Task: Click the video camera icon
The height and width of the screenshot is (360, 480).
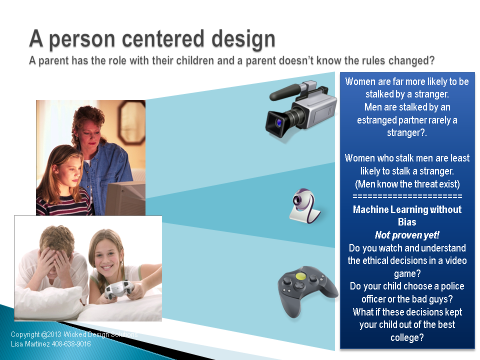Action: click(301, 109)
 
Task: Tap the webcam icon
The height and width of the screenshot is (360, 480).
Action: click(304, 205)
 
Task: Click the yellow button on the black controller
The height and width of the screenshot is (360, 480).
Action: click(301, 276)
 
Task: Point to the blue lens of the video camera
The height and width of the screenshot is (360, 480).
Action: click(279, 123)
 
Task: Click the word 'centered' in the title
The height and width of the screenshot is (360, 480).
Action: click(163, 39)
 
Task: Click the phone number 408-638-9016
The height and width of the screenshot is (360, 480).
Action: click(71, 344)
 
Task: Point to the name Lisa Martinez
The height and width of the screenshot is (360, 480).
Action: click(30, 344)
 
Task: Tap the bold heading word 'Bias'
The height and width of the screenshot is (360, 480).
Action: click(407, 222)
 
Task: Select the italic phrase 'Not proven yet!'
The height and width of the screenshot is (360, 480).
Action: click(407, 235)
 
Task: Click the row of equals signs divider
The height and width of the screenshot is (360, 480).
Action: click(407, 196)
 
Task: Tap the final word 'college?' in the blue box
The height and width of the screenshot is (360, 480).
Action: click(407, 337)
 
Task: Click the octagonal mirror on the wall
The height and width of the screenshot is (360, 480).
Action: click(131, 122)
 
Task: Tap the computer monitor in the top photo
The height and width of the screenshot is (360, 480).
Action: click(125, 198)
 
